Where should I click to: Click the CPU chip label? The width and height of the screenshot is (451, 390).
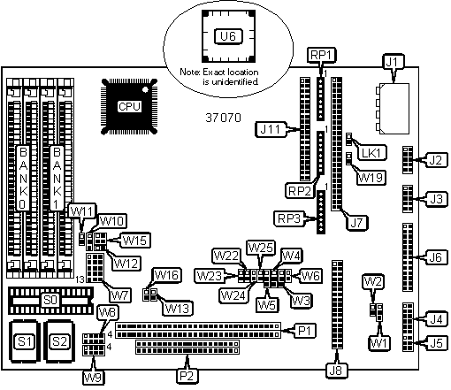click(x=129, y=106)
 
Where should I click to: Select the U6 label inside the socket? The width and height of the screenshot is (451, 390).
click(x=228, y=36)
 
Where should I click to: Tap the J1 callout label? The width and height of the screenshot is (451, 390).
click(x=393, y=62)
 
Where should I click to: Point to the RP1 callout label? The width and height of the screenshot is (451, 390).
click(x=322, y=55)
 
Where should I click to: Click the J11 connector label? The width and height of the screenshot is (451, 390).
click(x=271, y=129)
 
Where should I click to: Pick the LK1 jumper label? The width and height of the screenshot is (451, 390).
click(x=371, y=153)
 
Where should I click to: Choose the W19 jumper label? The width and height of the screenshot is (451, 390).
click(x=371, y=178)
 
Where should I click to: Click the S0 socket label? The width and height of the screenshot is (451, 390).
click(x=50, y=300)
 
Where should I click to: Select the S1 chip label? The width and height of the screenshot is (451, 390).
click(x=25, y=341)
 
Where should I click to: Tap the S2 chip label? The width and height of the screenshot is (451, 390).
click(x=59, y=341)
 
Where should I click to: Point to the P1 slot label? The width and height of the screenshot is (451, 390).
click(x=305, y=331)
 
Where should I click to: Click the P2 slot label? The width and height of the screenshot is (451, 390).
click(x=187, y=376)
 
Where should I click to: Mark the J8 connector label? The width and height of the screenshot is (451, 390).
click(x=337, y=371)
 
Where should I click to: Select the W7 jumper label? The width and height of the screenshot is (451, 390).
click(x=120, y=294)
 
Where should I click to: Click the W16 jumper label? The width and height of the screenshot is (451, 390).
click(x=166, y=275)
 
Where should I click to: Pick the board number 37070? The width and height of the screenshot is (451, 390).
click(x=223, y=118)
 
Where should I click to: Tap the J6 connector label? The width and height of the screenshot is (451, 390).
click(x=436, y=257)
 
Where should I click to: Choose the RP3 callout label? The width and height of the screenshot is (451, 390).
click(x=289, y=218)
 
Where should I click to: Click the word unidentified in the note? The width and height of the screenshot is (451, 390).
click(x=231, y=81)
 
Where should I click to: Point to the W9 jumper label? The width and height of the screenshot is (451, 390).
click(x=94, y=378)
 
